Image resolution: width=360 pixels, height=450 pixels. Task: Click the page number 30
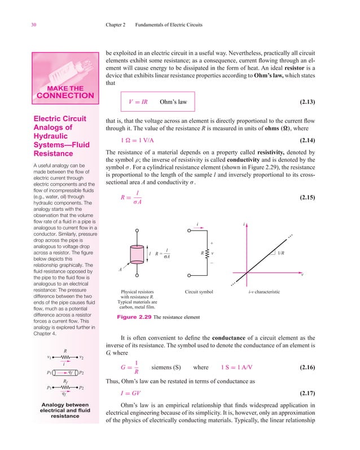[18, 25]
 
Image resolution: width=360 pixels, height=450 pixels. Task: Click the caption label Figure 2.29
[134, 317]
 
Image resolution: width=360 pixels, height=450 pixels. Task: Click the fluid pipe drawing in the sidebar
[65, 373]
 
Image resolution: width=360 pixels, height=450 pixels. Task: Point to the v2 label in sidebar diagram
[82, 357]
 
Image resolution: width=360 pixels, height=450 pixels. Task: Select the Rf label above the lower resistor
[65, 382]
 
